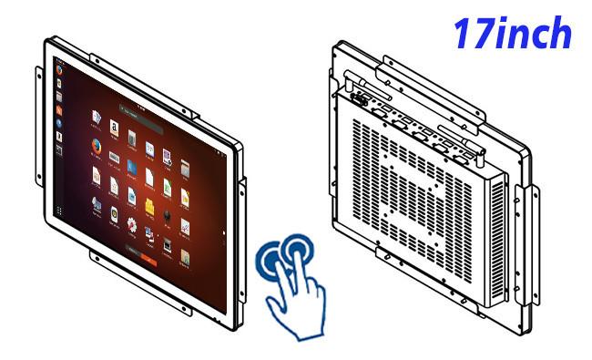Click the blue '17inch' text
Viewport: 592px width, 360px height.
click(512, 33)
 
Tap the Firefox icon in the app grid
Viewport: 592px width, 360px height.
click(97, 146)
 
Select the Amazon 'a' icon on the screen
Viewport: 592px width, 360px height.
click(114, 128)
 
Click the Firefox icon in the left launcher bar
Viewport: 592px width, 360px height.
click(59, 70)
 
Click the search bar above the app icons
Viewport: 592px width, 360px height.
click(141, 119)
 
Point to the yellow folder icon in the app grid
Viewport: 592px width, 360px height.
click(149, 206)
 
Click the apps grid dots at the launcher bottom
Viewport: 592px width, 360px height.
click(59, 211)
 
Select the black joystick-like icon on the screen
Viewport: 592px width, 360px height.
click(167, 217)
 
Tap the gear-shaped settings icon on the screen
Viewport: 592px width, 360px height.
click(132, 225)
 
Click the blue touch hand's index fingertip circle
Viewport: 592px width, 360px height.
click(298, 249)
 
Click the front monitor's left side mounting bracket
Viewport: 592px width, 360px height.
click(39, 126)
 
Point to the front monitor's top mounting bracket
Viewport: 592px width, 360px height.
click(144, 86)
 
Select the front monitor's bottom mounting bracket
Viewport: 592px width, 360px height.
click(140, 283)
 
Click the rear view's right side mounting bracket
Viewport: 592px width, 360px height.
click(527, 245)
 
